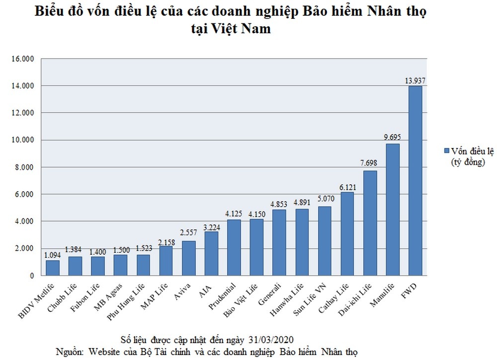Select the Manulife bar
click(393, 209)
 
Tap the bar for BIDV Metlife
click(53, 267)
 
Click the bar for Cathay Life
click(347, 233)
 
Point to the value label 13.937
click(415, 80)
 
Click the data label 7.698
click(370, 163)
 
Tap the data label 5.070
click(325, 199)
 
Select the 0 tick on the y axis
click(32, 275)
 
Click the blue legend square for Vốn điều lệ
click(446, 150)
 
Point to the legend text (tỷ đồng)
click(468, 161)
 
